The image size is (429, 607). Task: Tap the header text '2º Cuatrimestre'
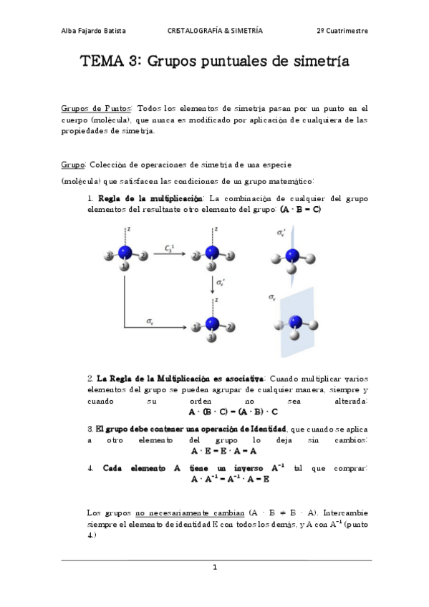(342, 31)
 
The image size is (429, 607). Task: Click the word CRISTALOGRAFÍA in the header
(194, 31)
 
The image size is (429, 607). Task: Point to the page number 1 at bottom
(214, 568)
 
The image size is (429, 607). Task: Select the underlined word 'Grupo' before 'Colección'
(73, 165)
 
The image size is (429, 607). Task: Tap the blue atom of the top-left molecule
(126, 253)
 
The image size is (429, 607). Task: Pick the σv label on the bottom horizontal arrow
(150, 321)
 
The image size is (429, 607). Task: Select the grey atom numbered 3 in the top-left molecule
(109, 256)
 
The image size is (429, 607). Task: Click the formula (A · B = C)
(301, 209)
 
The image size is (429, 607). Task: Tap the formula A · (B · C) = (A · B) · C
(233, 412)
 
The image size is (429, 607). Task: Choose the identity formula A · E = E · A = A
(224, 451)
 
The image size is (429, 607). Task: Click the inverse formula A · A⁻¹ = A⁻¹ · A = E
(229, 479)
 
